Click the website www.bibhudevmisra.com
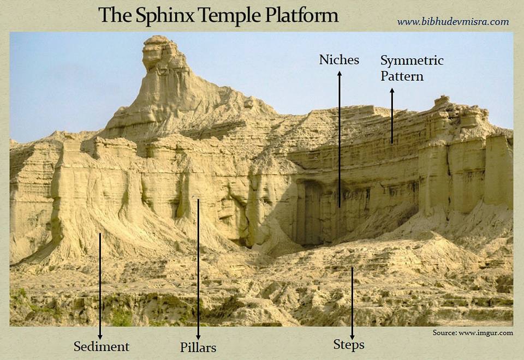coord(452,22)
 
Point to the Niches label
coord(339,60)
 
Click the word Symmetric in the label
coord(412,61)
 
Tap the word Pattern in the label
coord(402,76)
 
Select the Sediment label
coord(102,346)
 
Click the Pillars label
coord(198,347)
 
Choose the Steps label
coord(349,345)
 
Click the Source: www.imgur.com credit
coord(473,332)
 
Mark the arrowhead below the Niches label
coord(339,74)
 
